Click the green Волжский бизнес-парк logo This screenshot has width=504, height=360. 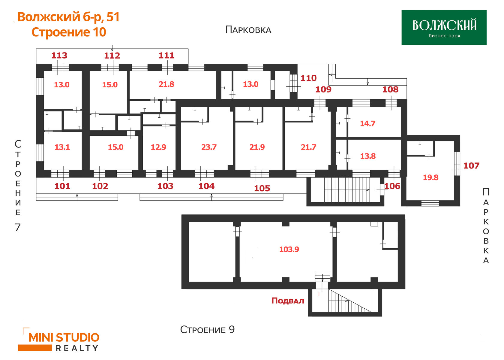coord(444,27)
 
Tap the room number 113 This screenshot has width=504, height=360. coord(59,55)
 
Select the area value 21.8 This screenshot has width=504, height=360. coord(166,84)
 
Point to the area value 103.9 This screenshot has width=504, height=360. coord(289,249)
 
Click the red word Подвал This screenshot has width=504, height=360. coord(288,301)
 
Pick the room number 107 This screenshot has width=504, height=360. coord(471,166)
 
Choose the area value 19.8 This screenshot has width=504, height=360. coord(431,177)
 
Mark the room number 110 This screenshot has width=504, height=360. coord(308,78)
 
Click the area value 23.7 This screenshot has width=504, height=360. coord(209,147)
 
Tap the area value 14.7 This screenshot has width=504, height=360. coord(368,123)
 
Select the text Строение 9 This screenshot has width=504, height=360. coord(208,330)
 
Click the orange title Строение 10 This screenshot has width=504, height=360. coord(69,32)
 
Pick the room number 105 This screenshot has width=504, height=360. coord(262,189)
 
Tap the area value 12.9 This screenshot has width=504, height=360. coord(158,147)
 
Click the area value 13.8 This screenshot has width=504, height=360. coord(368,156)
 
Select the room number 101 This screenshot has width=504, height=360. coord(62,186)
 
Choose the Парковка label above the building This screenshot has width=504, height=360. coord(248,30)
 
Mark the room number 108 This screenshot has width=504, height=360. coord(390,89)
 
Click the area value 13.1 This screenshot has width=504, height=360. coord(62,147)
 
